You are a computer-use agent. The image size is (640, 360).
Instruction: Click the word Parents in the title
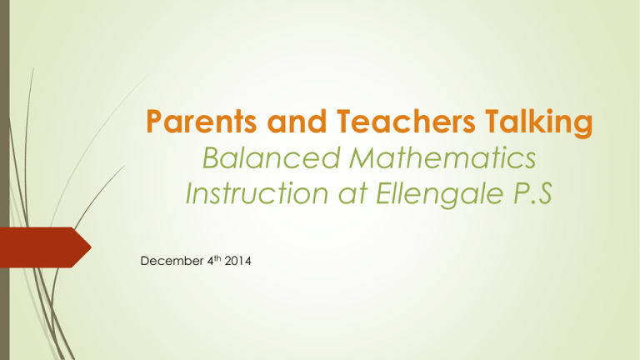pyautogui.click(x=201, y=122)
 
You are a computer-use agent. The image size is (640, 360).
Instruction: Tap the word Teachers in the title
pyautogui.click(x=406, y=122)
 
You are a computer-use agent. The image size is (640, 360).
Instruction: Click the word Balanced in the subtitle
pyautogui.click(x=272, y=158)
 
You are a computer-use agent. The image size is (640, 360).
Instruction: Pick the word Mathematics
pyautogui.click(x=442, y=158)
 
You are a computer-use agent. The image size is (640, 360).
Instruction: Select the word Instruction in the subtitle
pyautogui.click(x=257, y=193)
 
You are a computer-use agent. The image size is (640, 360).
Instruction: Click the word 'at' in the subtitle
pyautogui.click(x=353, y=194)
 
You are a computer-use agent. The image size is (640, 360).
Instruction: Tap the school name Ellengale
pyautogui.click(x=440, y=195)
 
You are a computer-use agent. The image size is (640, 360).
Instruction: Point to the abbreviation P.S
pyautogui.click(x=532, y=193)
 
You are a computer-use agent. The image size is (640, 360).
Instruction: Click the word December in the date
pyautogui.click(x=172, y=261)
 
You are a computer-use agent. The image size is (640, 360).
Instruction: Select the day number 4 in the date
pyautogui.click(x=210, y=261)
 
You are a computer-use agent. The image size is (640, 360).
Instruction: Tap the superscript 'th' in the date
pyautogui.click(x=217, y=258)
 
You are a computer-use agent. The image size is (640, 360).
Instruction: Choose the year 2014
pyautogui.click(x=237, y=261)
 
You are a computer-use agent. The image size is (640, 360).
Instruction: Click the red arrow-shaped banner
pyautogui.click(x=45, y=247)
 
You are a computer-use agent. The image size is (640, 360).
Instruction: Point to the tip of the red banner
pyautogui.click(x=91, y=247)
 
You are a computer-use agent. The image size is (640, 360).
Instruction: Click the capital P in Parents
pyautogui.click(x=155, y=122)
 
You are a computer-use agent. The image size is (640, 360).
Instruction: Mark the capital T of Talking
pyautogui.click(x=494, y=122)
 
